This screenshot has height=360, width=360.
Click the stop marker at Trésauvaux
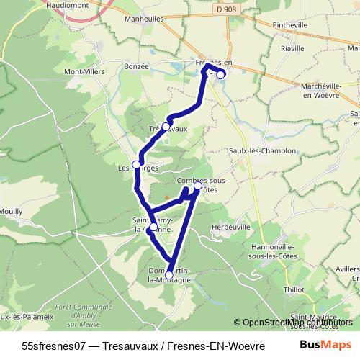point(166,127)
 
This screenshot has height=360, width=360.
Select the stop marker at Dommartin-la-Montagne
point(169,275)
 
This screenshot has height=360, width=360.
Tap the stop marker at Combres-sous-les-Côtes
point(198,185)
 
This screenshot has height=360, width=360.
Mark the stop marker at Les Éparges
point(136,165)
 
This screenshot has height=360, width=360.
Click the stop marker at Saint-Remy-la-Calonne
point(153,227)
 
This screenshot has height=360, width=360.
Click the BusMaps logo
point(325,345)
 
